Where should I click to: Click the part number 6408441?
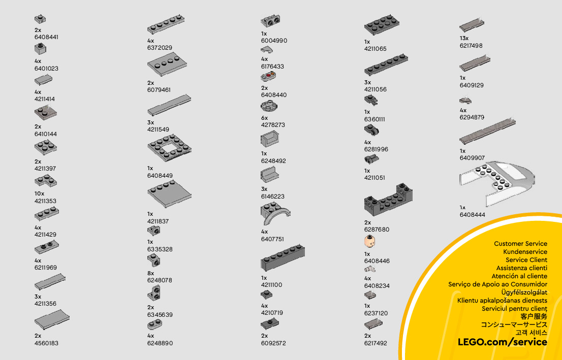tap(46, 38)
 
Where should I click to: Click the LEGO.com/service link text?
tap(503, 342)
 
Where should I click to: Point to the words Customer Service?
tap(520, 244)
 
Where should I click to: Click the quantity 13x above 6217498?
tap(464, 38)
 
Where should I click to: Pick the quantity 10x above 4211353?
tap(40, 193)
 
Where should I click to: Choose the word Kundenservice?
tap(525, 252)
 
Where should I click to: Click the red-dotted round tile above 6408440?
tap(268, 78)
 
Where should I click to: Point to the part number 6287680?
tap(377, 230)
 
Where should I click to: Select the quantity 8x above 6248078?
tap(150, 273)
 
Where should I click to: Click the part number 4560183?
tap(46, 343)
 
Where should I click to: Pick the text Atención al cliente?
tap(519, 276)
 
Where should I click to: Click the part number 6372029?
tap(160, 48)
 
